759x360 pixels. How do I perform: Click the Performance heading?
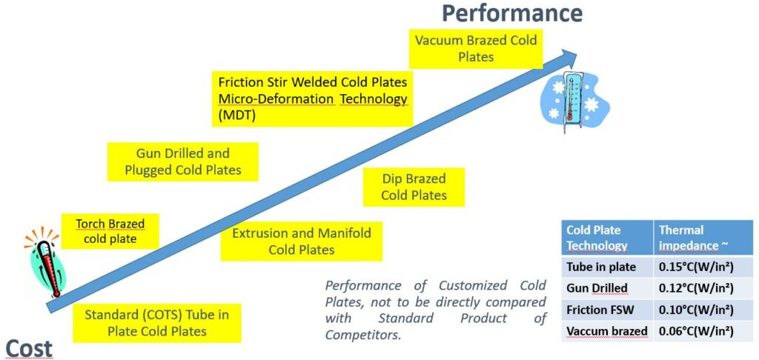click(x=511, y=13)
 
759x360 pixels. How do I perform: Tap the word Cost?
click(x=29, y=348)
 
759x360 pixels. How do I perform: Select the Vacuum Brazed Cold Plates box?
click(x=476, y=48)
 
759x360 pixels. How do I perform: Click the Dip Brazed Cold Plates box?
click(x=414, y=187)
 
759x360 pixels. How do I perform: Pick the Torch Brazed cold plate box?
click(x=110, y=231)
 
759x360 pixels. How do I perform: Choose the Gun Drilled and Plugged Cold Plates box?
click(x=182, y=161)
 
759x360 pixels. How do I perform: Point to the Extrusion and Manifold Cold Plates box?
click(x=302, y=241)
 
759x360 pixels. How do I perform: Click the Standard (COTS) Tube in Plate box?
click(x=157, y=323)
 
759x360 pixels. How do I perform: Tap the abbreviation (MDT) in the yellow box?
click(x=236, y=116)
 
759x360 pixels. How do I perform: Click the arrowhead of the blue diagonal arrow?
click(x=569, y=55)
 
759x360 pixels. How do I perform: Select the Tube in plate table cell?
click(x=608, y=267)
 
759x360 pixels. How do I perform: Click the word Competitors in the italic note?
click(x=363, y=334)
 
